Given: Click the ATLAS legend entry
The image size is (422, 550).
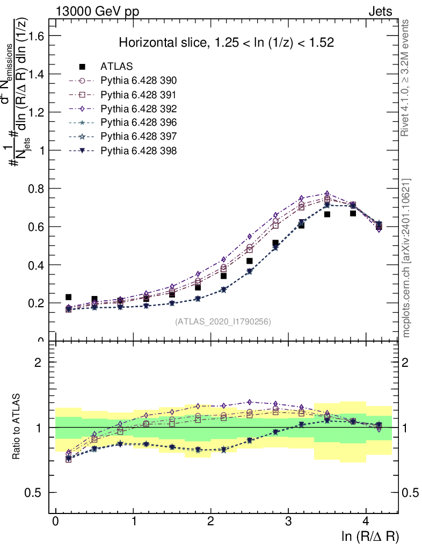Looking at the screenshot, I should tap(117, 67).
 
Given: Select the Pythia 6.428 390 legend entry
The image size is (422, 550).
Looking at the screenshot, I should tap(139, 81).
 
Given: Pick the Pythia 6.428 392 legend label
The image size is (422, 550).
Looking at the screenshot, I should tap(139, 108).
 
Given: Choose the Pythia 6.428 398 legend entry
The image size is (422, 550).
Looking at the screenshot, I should tap(139, 150).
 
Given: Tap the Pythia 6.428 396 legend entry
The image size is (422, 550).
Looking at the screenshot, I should tap(139, 122).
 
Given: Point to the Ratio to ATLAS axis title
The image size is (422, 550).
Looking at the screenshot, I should tap(18, 428).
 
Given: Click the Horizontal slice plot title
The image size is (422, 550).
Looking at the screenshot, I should tap(226, 43).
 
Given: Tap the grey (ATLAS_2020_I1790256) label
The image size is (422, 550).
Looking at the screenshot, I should tap(222, 322).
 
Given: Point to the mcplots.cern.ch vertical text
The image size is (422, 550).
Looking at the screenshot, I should tap(406, 258).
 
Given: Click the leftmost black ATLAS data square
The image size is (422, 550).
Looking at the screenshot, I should tap(69, 297).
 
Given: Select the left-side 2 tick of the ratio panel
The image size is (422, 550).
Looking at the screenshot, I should tap(38, 363).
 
